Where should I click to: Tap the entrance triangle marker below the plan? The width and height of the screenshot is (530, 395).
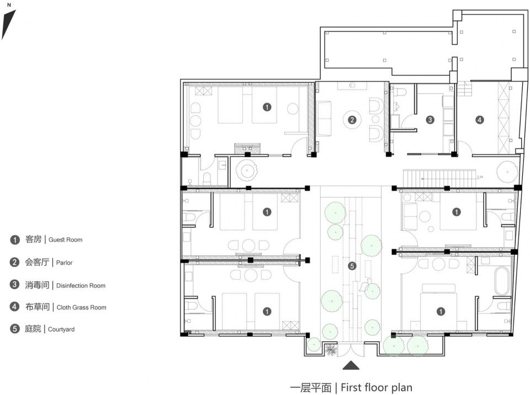351,365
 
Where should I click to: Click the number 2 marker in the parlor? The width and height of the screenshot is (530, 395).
352,120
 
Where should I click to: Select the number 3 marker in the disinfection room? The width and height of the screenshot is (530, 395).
430,120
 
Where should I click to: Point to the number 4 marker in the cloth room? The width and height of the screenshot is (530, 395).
479,120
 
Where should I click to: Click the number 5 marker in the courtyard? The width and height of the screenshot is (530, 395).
352,266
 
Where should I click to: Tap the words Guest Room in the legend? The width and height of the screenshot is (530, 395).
65,239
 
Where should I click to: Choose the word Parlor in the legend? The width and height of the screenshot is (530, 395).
64,263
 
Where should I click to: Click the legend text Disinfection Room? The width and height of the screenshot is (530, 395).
81,286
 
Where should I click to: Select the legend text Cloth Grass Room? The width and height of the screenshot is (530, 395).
82,307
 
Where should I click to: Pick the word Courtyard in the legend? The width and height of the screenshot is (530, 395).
61,329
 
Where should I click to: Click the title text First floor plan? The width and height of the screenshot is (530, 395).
377,387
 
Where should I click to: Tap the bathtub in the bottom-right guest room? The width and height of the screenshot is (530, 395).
502,281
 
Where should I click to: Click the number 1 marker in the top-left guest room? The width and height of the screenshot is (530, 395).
267,107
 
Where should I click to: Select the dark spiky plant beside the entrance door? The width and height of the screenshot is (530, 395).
331,349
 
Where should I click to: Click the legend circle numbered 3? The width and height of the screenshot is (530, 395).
14,285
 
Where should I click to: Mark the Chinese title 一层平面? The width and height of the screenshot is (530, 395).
311,388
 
